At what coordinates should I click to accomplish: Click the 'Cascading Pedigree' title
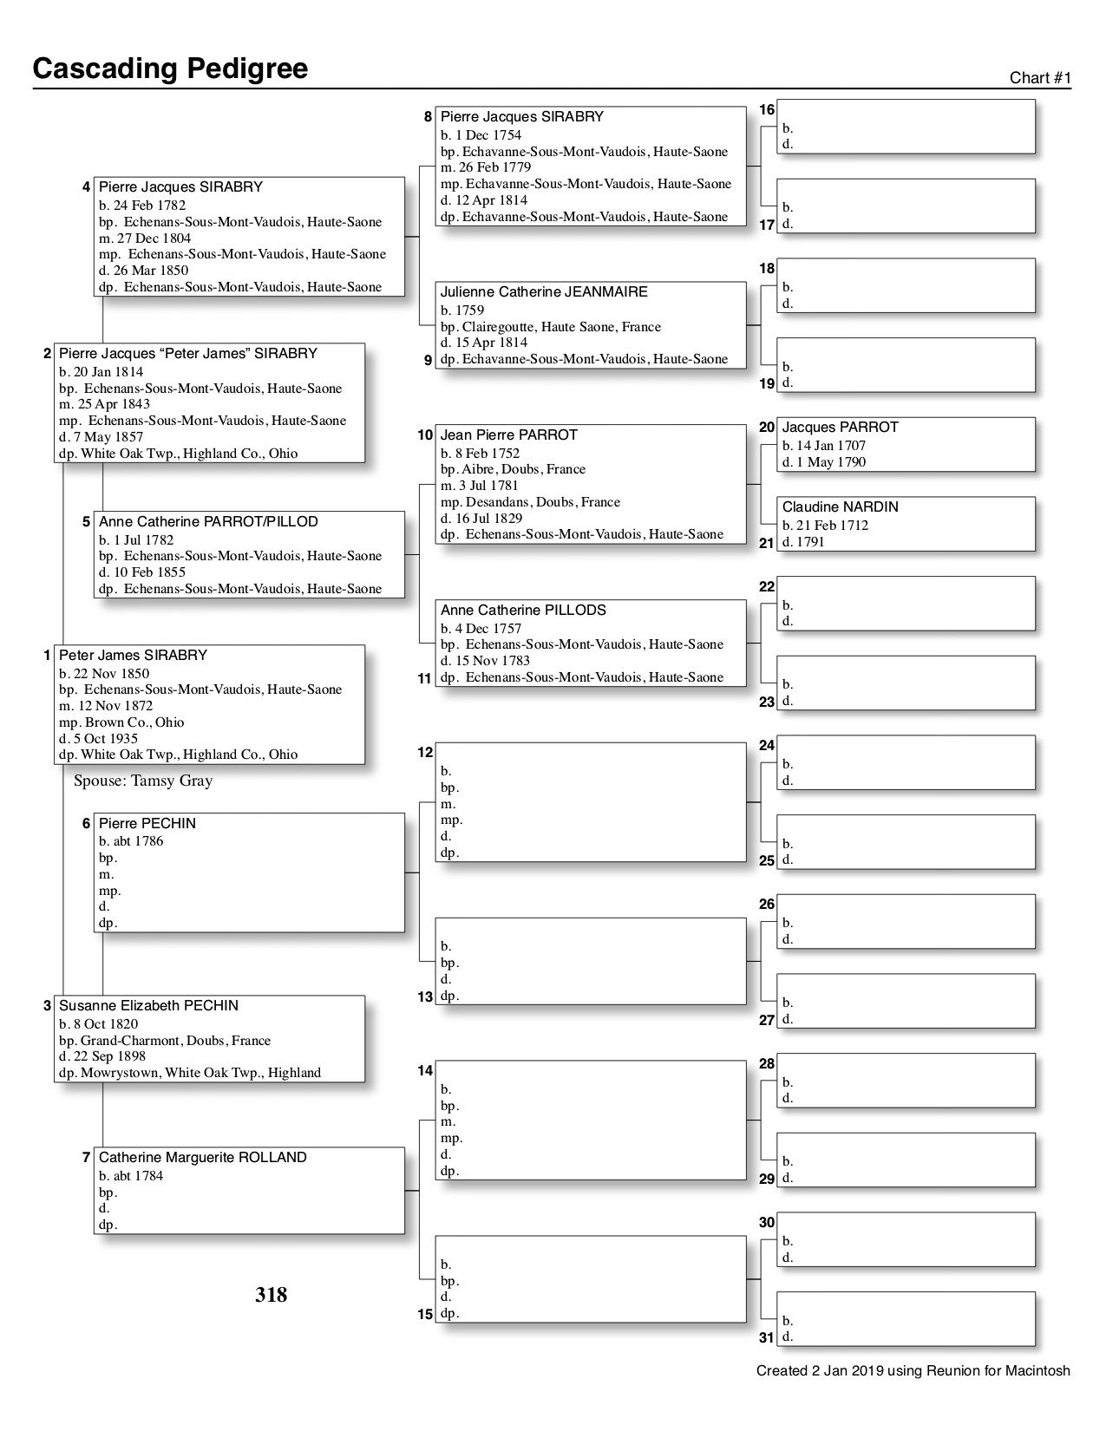170,69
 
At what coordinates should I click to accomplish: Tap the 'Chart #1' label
1040,78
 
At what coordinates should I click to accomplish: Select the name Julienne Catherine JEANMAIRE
544,292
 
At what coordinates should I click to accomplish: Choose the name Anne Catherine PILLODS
523,610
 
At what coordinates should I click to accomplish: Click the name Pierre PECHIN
147,823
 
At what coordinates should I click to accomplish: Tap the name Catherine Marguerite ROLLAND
203,1157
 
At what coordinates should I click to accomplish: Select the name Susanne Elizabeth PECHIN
148,1005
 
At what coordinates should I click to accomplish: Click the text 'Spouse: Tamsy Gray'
143,781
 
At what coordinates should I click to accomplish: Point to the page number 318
271,1295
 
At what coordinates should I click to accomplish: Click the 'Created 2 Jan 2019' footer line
913,1371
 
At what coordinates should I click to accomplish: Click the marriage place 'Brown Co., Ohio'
134,722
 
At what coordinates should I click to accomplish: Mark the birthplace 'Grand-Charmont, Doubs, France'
175,1040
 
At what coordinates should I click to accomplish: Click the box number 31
766,1337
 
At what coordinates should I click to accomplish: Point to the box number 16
767,110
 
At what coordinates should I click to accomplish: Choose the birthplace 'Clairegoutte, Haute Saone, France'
561,327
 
